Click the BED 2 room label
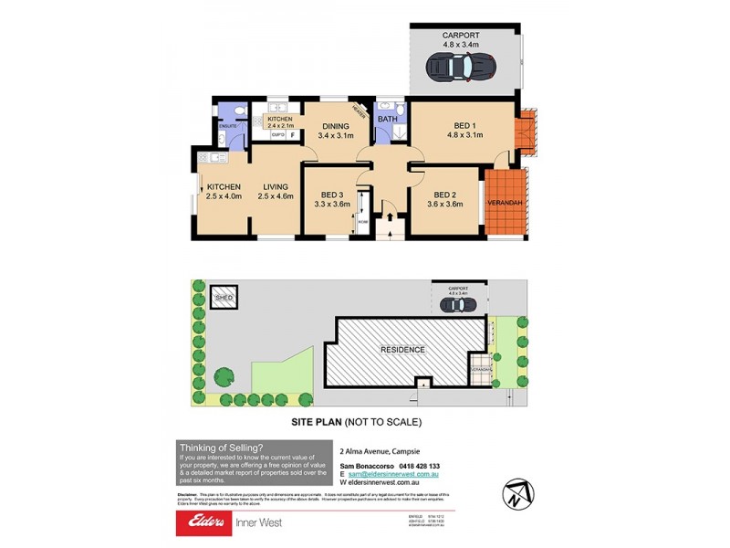pyautogui.click(x=444, y=198)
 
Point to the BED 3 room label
pyautogui.click(x=333, y=198)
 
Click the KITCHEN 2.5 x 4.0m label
pyautogui.click(x=223, y=192)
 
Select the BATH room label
pyautogui.click(x=388, y=119)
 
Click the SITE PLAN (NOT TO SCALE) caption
pyautogui.click(x=356, y=422)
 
